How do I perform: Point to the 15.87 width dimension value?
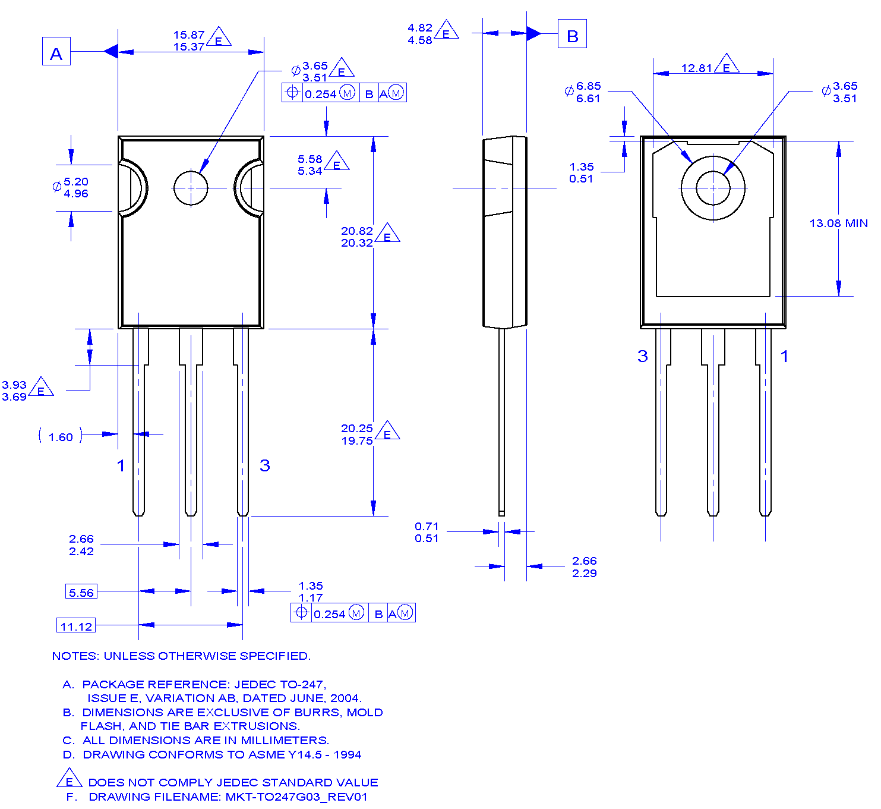pyautogui.click(x=189, y=35)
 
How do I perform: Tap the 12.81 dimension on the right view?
pyautogui.click(x=696, y=68)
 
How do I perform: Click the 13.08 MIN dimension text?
pyautogui.click(x=838, y=224)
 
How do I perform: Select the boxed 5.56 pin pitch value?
pyautogui.click(x=81, y=592)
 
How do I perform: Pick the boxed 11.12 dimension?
pyautogui.click(x=77, y=626)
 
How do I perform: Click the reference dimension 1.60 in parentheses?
pyautogui.click(x=61, y=437)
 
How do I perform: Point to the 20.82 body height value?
pyautogui.click(x=356, y=231)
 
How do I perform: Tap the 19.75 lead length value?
pyautogui.click(x=356, y=441)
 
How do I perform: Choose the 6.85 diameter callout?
pyautogui.click(x=588, y=86)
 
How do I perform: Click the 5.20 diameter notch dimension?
pyautogui.click(x=76, y=182)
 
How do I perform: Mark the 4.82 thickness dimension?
pyautogui.click(x=420, y=28)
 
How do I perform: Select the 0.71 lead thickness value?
pyautogui.click(x=427, y=527)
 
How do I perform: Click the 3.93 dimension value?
pyautogui.click(x=14, y=385)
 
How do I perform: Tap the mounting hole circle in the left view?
pyautogui.click(x=191, y=188)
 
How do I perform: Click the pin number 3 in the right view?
pyautogui.click(x=642, y=356)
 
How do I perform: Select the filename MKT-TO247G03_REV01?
pyautogui.click(x=296, y=797)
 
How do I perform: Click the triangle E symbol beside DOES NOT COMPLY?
pyautogui.click(x=70, y=779)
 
